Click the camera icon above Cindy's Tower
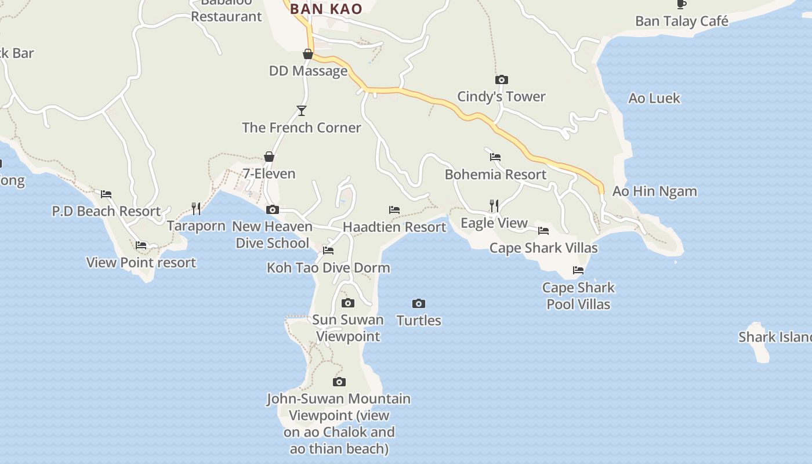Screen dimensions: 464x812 [501, 79]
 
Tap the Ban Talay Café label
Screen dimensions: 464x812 [681, 21]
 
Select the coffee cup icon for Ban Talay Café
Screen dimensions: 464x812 [681, 5]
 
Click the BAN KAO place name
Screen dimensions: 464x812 [326, 9]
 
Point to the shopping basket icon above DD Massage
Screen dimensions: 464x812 [308, 54]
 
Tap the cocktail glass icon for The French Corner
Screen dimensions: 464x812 [301, 110]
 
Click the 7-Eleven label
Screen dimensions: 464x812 [269, 173]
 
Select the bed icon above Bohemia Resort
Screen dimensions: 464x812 [495, 157]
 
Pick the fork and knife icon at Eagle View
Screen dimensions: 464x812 [494, 205]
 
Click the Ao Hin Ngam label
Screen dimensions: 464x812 [655, 191]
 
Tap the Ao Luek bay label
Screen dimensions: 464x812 [654, 98]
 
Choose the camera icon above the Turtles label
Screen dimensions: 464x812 [419, 303]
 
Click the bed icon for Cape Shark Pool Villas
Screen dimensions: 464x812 [578, 270]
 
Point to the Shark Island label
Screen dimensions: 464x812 [774, 337]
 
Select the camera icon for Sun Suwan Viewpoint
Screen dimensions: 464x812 [348, 303]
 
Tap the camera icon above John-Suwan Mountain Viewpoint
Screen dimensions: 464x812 [339, 382]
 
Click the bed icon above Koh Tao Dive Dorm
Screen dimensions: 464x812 [328, 251]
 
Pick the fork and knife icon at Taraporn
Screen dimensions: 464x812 [196, 209]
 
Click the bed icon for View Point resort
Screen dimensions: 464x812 [141, 245]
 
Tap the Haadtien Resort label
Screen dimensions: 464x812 [394, 227]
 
